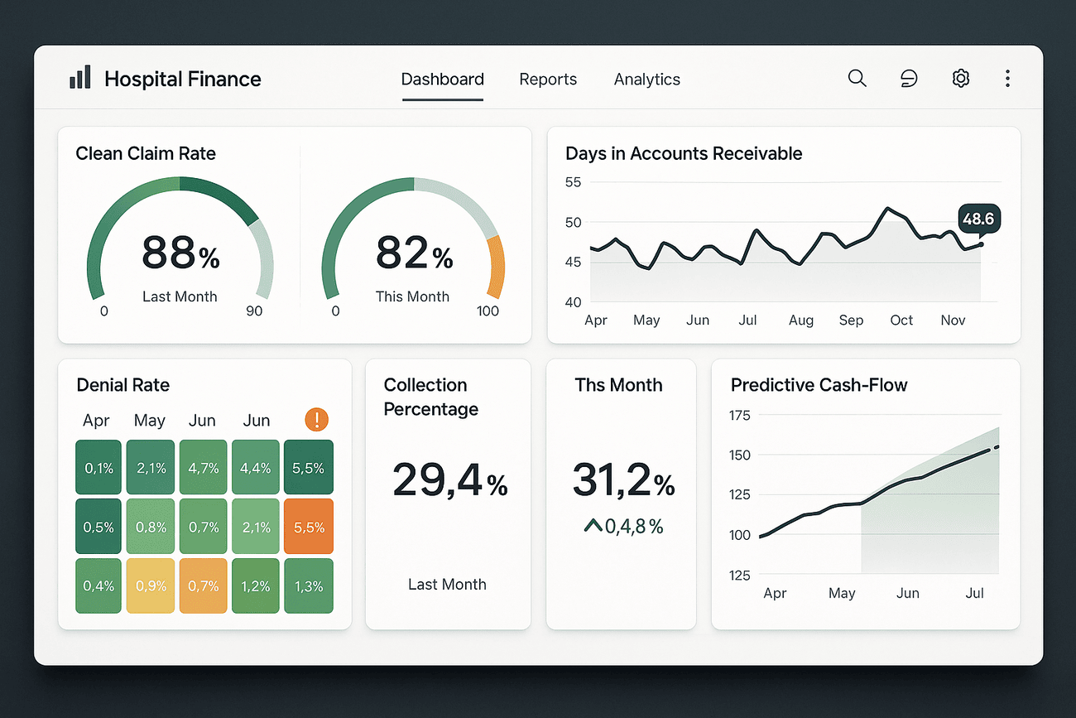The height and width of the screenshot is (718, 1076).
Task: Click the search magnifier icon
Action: coord(857,79)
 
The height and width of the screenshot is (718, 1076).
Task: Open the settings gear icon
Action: coord(960,79)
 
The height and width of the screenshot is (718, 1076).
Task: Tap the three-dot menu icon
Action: coord(1007,79)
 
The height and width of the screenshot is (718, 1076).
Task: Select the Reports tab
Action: coord(548,80)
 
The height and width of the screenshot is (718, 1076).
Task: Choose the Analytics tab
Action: coord(646,80)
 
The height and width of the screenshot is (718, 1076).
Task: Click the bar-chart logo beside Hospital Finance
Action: coord(79,78)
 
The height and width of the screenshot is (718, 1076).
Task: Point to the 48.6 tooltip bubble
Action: coord(978,219)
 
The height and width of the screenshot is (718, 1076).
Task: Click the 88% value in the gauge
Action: coord(180,253)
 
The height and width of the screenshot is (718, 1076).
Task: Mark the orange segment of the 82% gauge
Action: coord(496,267)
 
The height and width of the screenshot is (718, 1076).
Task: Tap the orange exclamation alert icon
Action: coord(316,419)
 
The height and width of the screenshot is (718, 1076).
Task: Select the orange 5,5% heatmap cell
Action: coord(308,527)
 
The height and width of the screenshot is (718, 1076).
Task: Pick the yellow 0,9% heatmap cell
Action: coord(151,585)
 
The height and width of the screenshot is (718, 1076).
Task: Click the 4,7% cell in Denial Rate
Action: coord(203,468)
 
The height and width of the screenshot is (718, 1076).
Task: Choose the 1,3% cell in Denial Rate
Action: coord(308,585)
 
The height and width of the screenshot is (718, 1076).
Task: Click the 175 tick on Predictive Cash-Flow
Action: coord(738,415)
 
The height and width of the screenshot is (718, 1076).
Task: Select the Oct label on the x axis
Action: coord(901,320)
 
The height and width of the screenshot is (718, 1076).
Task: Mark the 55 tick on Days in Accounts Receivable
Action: coord(573,182)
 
